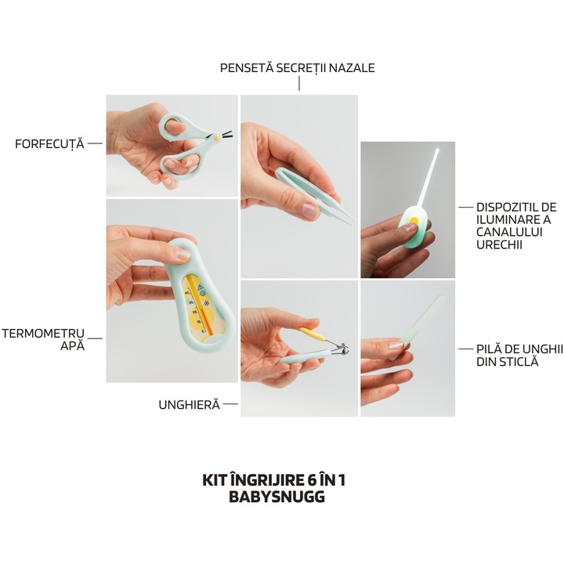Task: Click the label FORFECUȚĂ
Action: (x=49, y=144)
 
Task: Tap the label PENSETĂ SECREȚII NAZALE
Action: (x=298, y=68)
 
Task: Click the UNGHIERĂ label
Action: (x=189, y=405)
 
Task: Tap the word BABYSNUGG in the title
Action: (x=277, y=496)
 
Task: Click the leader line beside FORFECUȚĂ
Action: (x=95, y=144)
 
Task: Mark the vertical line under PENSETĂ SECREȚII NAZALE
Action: (x=298, y=84)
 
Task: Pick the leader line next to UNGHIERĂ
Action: (x=230, y=405)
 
